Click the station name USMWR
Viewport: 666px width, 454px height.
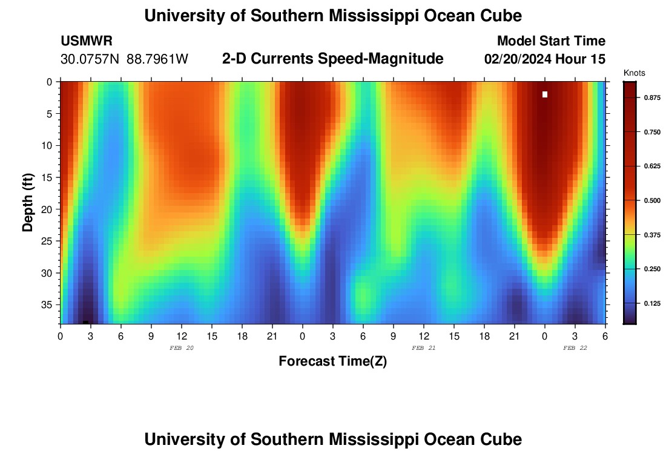(x=87, y=41)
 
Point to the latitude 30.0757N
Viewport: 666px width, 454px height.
(x=90, y=59)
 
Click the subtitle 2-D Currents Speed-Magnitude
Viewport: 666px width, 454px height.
(x=333, y=59)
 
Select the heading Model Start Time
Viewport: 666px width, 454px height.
(x=550, y=41)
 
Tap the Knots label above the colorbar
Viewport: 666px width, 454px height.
(x=634, y=73)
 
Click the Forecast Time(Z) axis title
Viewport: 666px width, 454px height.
(x=332, y=361)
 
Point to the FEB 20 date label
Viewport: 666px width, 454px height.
(x=182, y=348)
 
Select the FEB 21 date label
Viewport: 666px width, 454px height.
(x=424, y=348)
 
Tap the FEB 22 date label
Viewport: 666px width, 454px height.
(x=575, y=348)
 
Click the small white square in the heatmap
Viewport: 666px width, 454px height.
(x=545, y=94)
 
